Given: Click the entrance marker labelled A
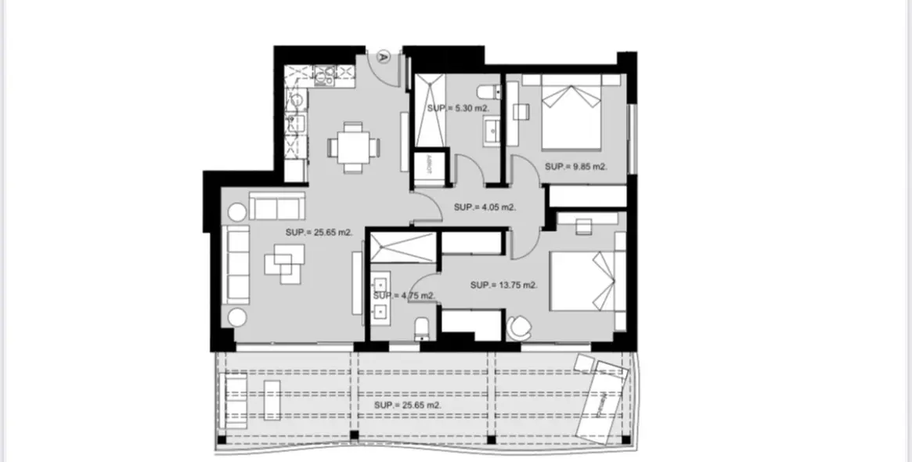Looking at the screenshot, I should point(383,56).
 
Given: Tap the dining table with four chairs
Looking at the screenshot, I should point(353,146).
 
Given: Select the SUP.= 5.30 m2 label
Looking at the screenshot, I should point(458,108).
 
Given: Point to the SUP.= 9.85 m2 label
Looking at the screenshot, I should point(575,166).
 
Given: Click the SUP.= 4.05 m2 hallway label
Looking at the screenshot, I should point(485,208).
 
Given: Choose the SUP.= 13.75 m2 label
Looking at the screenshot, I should point(503,285).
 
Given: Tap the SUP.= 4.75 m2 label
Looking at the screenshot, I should point(403,296).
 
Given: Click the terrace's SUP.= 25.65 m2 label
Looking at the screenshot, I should point(407,406).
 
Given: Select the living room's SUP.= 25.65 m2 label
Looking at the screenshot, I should point(318,233).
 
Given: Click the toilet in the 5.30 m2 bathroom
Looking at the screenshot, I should point(485,88).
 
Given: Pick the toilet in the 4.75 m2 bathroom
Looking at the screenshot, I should point(421,327).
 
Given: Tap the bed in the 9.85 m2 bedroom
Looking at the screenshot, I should point(571,116).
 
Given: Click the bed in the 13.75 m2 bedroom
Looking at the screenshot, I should point(587,281).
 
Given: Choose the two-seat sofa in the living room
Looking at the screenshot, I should point(276,207).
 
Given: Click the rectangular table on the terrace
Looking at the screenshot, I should point(272,400).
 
